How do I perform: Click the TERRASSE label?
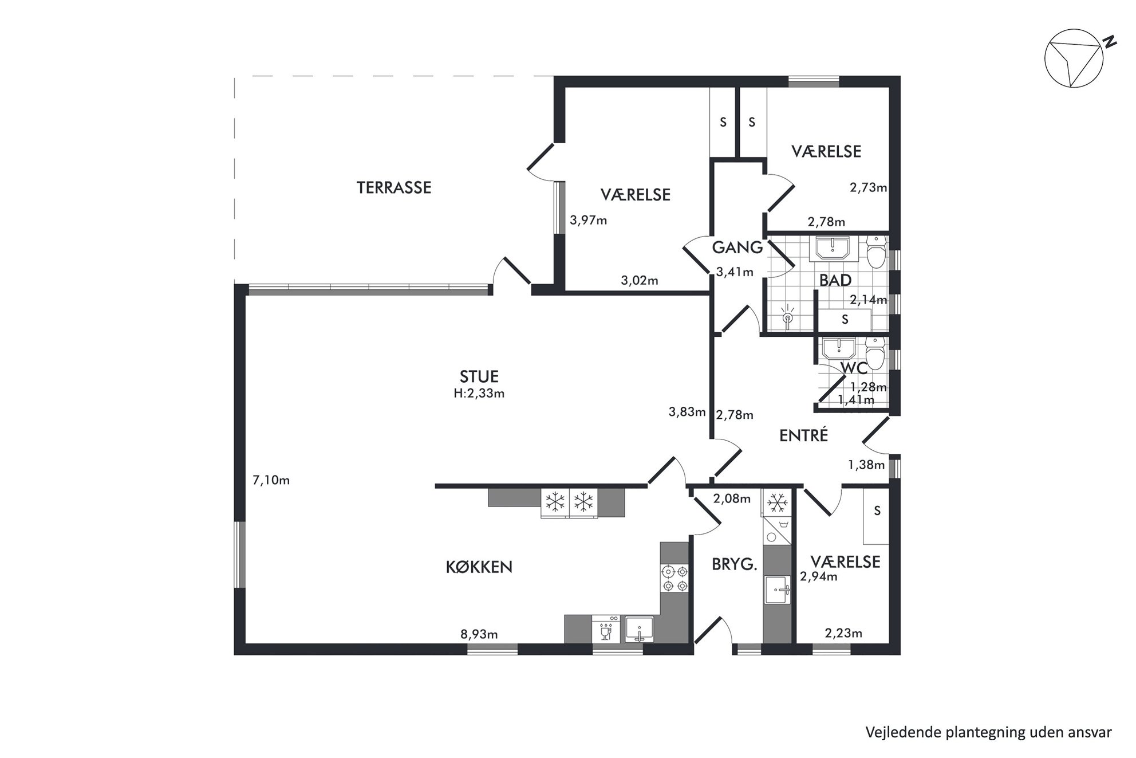click(x=394, y=187)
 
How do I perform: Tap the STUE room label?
click(x=479, y=376)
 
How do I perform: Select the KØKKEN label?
click(x=479, y=567)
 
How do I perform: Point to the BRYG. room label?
click(x=735, y=565)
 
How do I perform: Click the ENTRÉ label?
click(x=804, y=435)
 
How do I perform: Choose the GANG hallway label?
click(x=737, y=248)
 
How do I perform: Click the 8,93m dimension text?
click(x=479, y=634)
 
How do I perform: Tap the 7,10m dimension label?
click(x=271, y=480)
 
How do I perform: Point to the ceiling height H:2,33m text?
click(x=479, y=394)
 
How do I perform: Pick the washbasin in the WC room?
click(x=839, y=348)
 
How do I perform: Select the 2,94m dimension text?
click(x=819, y=576)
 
